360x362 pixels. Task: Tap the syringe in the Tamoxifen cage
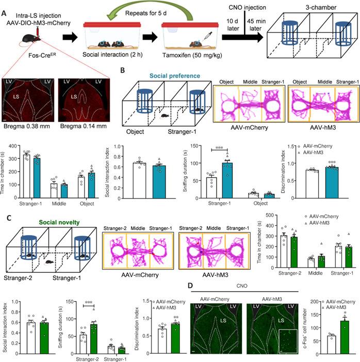coord(208,36)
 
